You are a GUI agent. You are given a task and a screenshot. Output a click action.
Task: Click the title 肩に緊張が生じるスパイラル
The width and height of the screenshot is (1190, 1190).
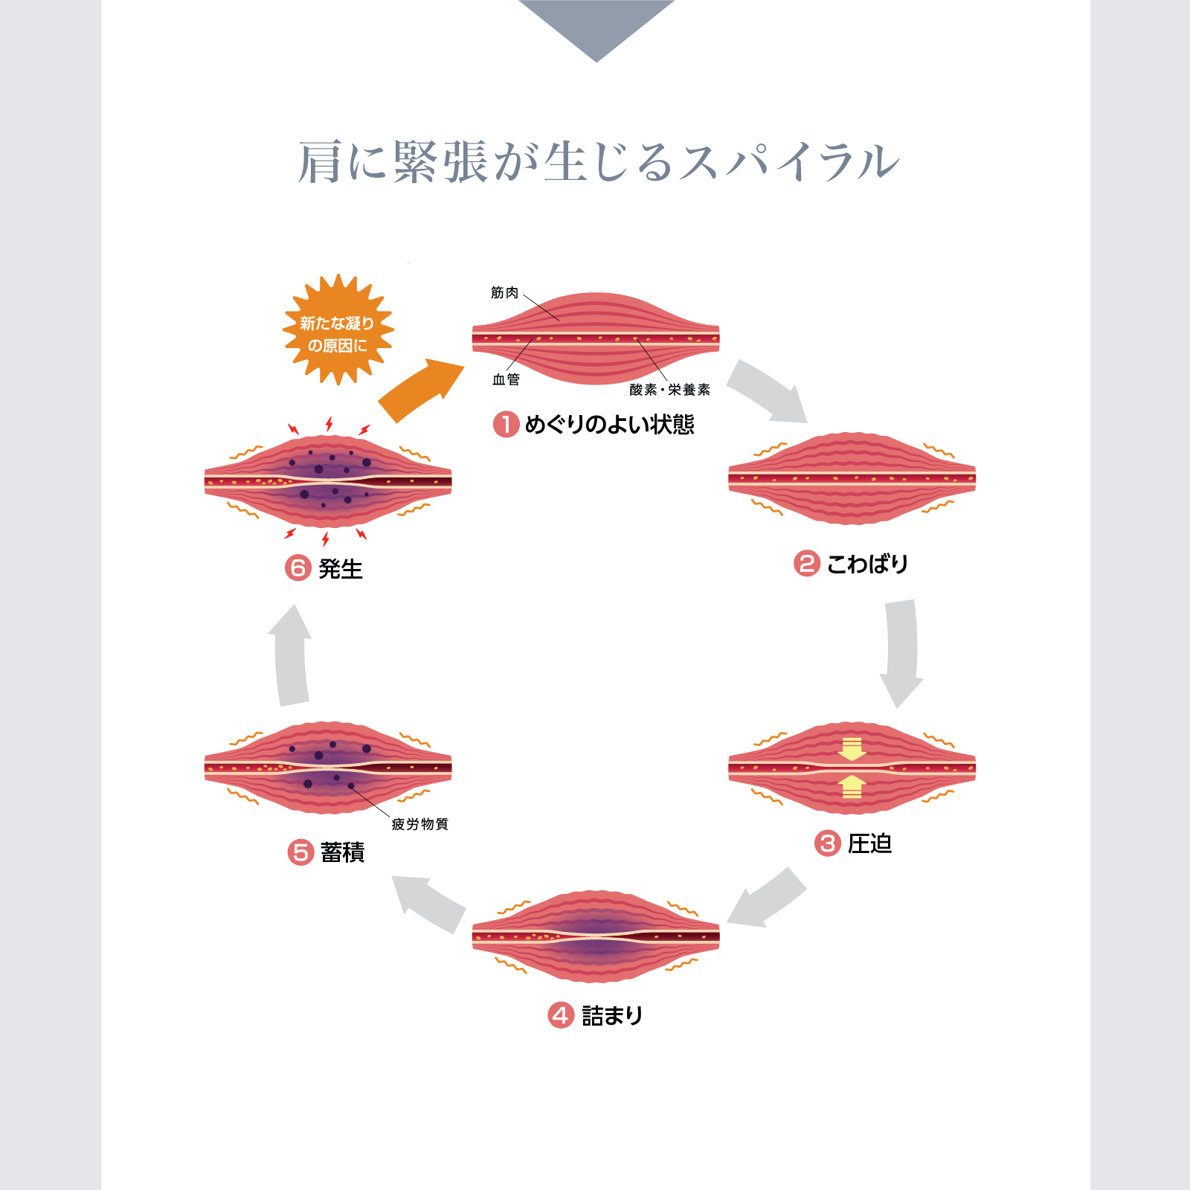[x=599, y=161]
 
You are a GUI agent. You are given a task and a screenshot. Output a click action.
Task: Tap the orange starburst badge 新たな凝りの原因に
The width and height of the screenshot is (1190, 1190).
[x=338, y=329]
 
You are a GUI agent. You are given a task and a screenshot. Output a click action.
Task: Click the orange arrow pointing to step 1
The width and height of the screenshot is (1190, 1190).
[x=421, y=389]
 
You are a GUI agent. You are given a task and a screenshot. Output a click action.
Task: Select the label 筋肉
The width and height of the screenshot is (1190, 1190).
[x=504, y=293]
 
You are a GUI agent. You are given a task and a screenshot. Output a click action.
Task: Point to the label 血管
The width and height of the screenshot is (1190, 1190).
[x=506, y=379]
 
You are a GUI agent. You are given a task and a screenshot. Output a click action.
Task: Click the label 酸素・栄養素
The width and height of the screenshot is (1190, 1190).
[x=669, y=390]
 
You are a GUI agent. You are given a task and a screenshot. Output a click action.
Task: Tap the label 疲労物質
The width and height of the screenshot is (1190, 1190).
[x=419, y=824]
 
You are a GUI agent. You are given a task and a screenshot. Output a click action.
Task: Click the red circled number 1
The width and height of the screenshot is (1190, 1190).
[x=506, y=425]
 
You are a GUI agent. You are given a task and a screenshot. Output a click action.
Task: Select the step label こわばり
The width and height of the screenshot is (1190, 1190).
[x=867, y=564]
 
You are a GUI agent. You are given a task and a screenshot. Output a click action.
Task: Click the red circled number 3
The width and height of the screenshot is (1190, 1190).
[x=827, y=843]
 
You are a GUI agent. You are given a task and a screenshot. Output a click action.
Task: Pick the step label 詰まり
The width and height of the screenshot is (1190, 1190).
[x=612, y=1015]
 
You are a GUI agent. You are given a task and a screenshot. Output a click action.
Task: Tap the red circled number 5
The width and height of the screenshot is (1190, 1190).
[x=300, y=852]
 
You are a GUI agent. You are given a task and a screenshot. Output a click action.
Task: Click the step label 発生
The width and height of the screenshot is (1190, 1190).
[x=341, y=569]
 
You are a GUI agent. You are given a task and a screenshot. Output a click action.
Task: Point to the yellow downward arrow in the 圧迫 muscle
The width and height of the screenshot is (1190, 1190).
[x=852, y=749]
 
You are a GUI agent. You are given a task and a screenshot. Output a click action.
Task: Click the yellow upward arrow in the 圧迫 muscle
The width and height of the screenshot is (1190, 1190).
[x=852, y=787]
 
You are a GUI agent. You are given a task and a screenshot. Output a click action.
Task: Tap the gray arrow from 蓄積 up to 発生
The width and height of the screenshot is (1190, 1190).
[x=291, y=655]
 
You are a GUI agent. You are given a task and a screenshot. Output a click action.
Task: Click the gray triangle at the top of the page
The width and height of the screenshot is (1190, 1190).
[x=596, y=30]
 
